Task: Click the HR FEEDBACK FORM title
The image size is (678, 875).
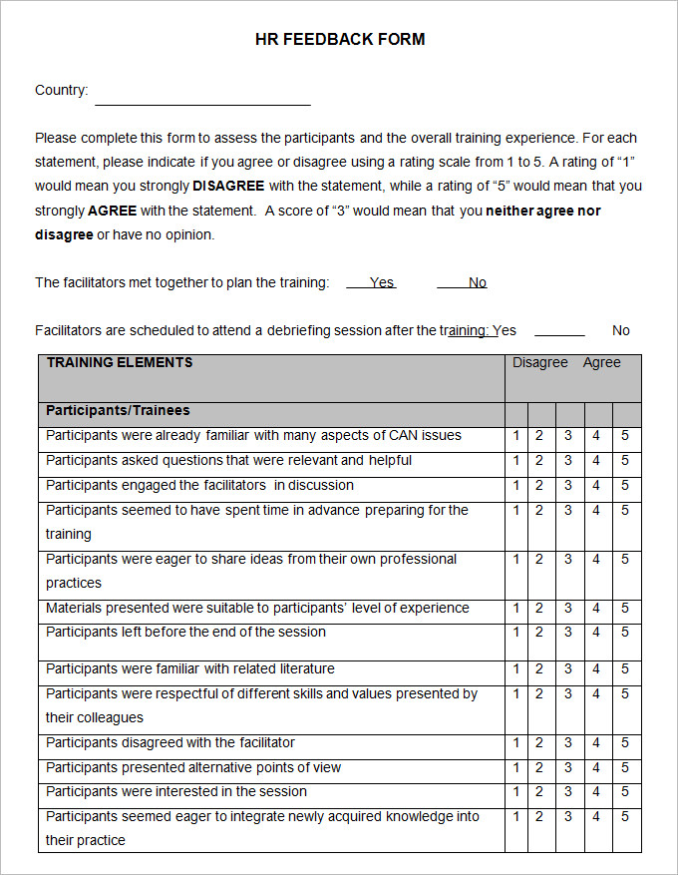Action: (x=340, y=40)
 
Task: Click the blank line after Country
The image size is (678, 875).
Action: (x=202, y=98)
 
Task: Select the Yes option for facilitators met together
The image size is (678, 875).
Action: (x=381, y=282)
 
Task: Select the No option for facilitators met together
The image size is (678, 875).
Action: (x=477, y=282)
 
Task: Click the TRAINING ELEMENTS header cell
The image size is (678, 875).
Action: (x=120, y=363)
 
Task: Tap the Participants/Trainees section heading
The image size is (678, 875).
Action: (x=118, y=411)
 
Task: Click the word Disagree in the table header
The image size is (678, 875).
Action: (x=539, y=363)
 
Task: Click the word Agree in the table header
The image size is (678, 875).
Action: (x=601, y=363)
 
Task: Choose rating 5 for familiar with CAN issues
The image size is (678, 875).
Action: (x=625, y=436)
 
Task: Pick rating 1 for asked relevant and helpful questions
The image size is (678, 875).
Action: (x=516, y=461)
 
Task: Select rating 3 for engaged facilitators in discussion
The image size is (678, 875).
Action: (x=568, y=486)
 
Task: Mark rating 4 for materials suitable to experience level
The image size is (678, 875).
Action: (x=596, y=609)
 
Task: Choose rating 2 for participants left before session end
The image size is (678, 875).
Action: (x=539, y=633)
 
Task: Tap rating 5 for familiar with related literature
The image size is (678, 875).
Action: (x=625, y=669)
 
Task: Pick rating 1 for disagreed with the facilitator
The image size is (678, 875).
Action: (x=516, y=743)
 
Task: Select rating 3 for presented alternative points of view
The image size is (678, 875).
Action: (x=568, y=768)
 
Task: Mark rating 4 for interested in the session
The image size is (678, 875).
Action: (x=596, y=792)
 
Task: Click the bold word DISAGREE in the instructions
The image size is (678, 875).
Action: (x=228, y=187)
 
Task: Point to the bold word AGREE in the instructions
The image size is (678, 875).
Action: (x=112, y=211)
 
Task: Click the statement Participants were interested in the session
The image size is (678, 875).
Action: (x=176, y=792)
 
